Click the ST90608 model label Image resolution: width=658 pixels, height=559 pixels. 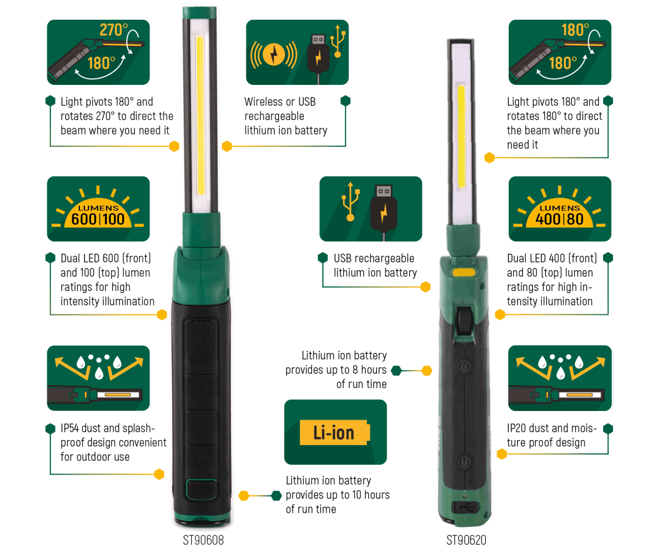point(203,540)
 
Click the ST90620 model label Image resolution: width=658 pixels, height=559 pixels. point(466,540)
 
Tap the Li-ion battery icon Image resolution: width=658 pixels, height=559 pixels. point(334,433)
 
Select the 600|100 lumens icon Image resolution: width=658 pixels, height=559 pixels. point(98,209)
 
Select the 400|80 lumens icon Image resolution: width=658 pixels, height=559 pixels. point(560,209)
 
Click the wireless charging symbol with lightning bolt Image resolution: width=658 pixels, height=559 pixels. point(274,54)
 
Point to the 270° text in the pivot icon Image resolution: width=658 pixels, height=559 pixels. point(113,30)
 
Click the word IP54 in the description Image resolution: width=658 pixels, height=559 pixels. point(70,429)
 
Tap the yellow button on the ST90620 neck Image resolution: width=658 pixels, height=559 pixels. point(464,272)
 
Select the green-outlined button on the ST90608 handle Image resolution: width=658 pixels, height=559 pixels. point(201,489)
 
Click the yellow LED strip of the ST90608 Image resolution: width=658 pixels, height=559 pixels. point(200,115)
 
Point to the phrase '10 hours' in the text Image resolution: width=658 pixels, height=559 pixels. point(371,495)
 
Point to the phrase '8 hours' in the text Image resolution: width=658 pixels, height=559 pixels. point(369,370)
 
